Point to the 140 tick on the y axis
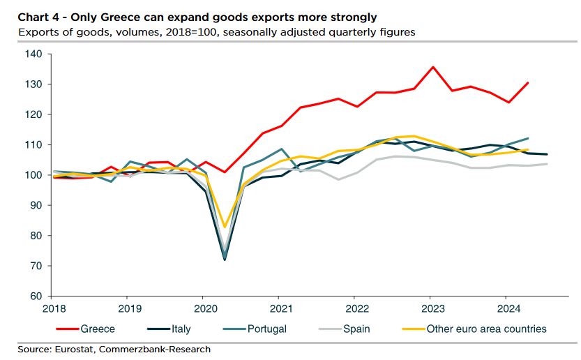pyautogui.click(x=34, y=54)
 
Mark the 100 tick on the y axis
pyautogui.click(x=34, y=175)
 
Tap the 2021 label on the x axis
pyautogui.click(x=280, y=308)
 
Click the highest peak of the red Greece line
pyautogui.click(x=432, y=67)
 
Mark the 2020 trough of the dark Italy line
pyautogui.click(x=224, y=260)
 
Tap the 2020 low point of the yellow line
pyautogui.click(x=224, y=227)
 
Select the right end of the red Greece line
pyautogui.click(x=527, y=83)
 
